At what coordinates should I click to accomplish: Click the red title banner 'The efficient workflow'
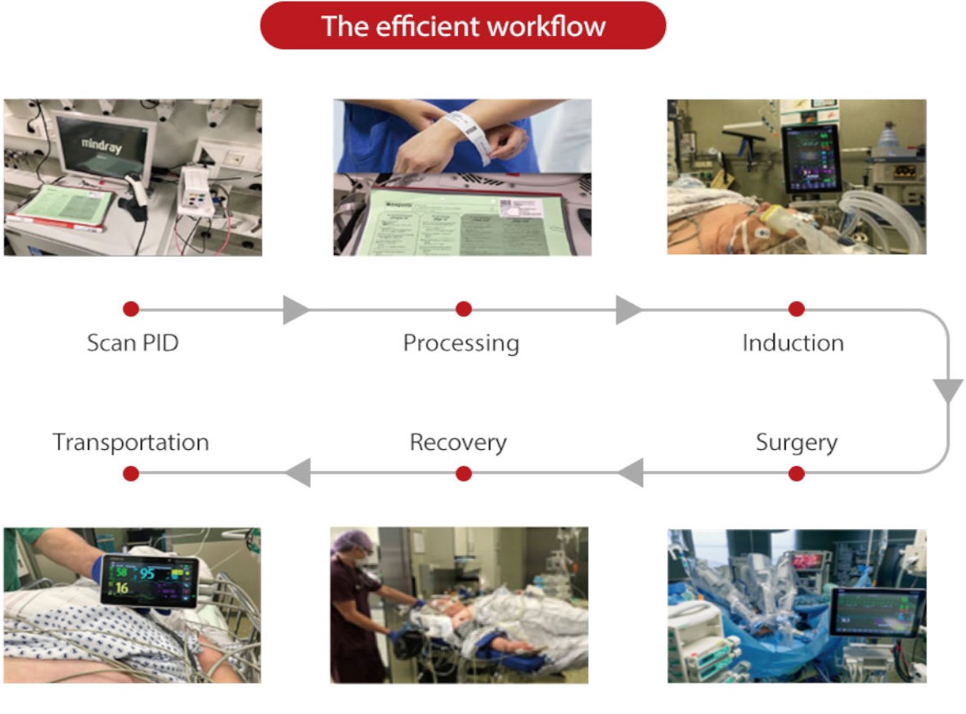463,25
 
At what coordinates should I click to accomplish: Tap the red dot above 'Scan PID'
131,309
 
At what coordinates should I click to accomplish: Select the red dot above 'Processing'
464,309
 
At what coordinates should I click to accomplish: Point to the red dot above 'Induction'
797,309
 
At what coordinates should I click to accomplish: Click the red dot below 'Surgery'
797,474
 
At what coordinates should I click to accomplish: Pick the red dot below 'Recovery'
464,474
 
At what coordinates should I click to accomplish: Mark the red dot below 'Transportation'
131,474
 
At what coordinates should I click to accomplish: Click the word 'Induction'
793,342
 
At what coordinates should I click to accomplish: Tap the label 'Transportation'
131,442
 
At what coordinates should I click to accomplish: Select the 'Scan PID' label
133,342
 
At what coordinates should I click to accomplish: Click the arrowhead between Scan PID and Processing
295,310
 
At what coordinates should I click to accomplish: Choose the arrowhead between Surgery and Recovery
631,473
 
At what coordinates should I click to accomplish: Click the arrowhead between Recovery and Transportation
298,473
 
